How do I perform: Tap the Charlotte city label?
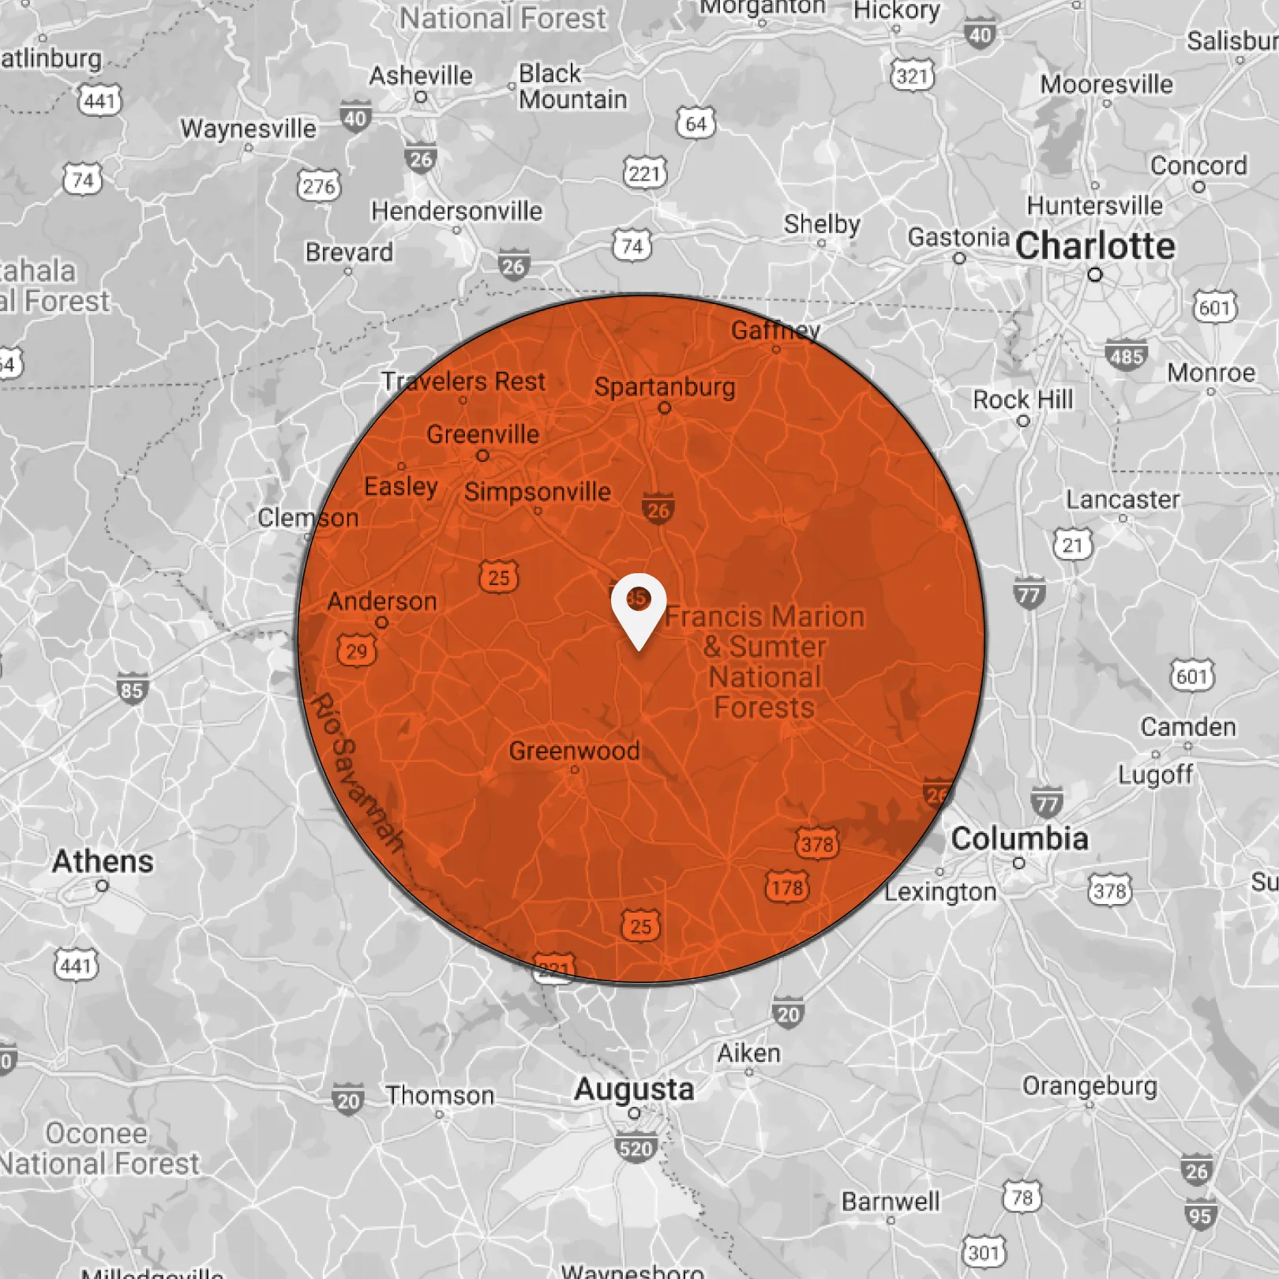tap(1095, 246)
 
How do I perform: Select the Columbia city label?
tap(1019, 838)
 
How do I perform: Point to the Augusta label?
tap(634, 1090)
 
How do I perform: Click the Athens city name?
tap(103, 861)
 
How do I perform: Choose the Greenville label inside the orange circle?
tap(482, 434)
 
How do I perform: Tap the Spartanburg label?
tap(664, 387)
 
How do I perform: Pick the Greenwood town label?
tap(574, 751)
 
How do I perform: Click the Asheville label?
tap(421, 76)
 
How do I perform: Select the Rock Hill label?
tap(1022, 399)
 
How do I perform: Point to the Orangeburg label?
tap(1090, 1086)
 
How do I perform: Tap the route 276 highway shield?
tap(319, 186)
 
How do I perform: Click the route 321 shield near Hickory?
tap(912, 76)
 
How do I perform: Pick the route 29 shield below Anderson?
tap(357, 651)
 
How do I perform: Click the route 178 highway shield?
tap(787, 887)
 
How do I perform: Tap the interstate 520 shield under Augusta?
tap(636, 1148)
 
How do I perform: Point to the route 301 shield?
tap(984, 1252)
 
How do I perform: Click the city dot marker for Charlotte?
tap(1094, 275)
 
